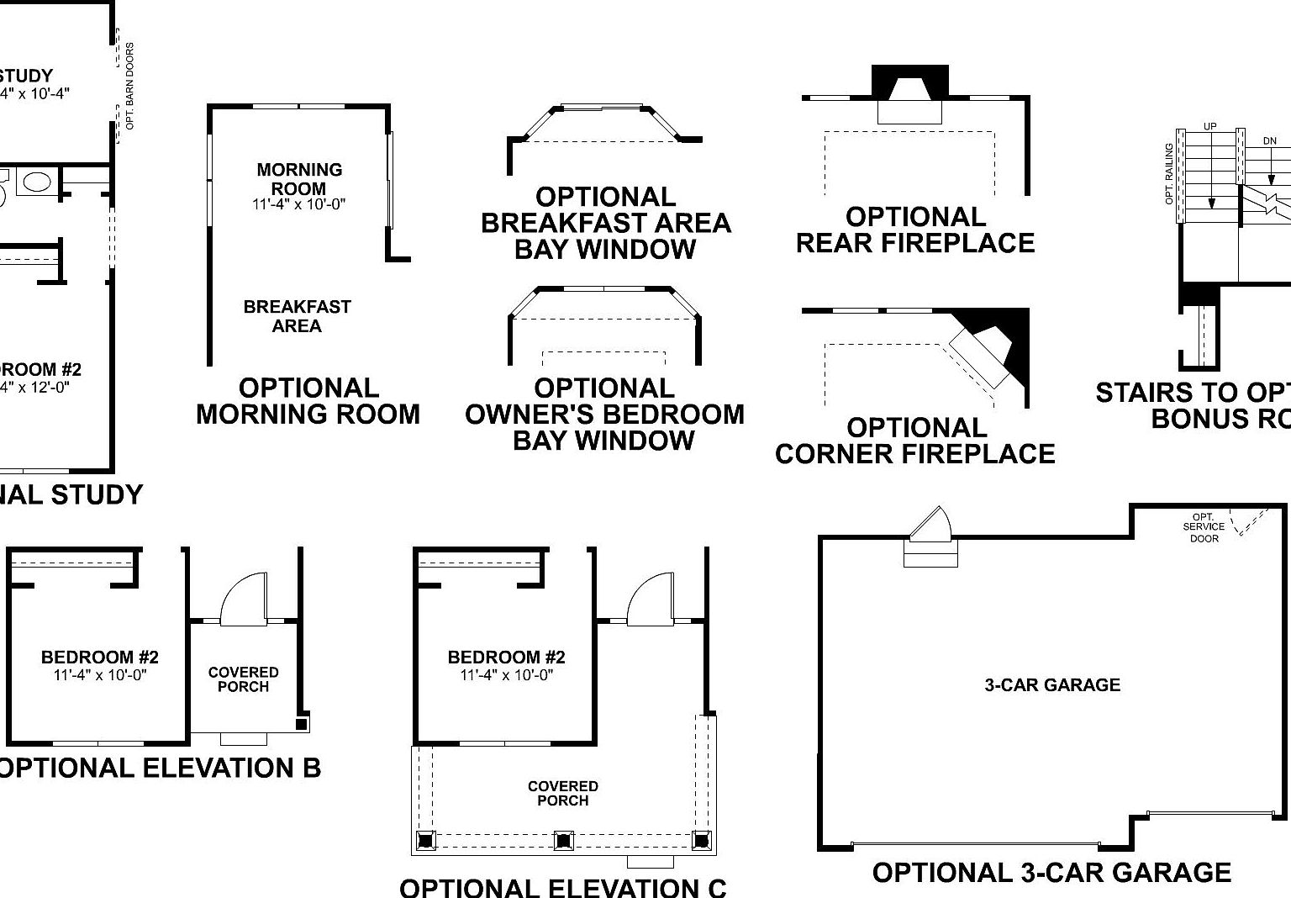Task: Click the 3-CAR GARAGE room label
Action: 1052,685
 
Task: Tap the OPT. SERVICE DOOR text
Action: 1204,528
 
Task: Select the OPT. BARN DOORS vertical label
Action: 130,86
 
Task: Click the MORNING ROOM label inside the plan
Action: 299,179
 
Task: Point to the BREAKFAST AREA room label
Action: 297,316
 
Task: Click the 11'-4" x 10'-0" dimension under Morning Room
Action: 298,204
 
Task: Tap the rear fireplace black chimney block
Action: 909,82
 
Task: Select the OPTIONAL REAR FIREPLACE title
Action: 914,230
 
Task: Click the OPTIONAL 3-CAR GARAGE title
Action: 1051,873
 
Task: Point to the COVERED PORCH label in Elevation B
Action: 243,679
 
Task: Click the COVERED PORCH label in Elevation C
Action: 562,793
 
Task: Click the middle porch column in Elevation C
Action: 562,839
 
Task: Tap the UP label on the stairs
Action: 1209,127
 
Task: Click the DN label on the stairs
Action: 1269,141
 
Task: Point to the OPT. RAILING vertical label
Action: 1169,174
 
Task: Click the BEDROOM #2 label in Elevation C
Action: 506,658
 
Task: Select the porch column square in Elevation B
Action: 302,723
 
